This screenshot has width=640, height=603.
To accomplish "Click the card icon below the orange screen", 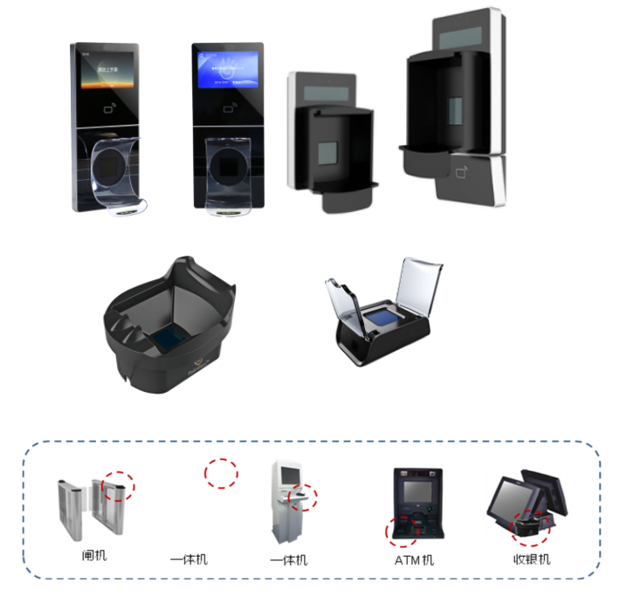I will (x=107, y=110).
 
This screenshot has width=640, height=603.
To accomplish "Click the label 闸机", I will (x=93, y=555).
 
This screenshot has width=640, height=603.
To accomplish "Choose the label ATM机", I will (x=414, y=559).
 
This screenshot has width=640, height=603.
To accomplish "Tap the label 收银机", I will (x=532, y=559).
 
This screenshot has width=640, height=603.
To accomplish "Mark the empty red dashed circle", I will (x=221, y=472).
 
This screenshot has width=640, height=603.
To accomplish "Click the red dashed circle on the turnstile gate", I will (x=117, y=486).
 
